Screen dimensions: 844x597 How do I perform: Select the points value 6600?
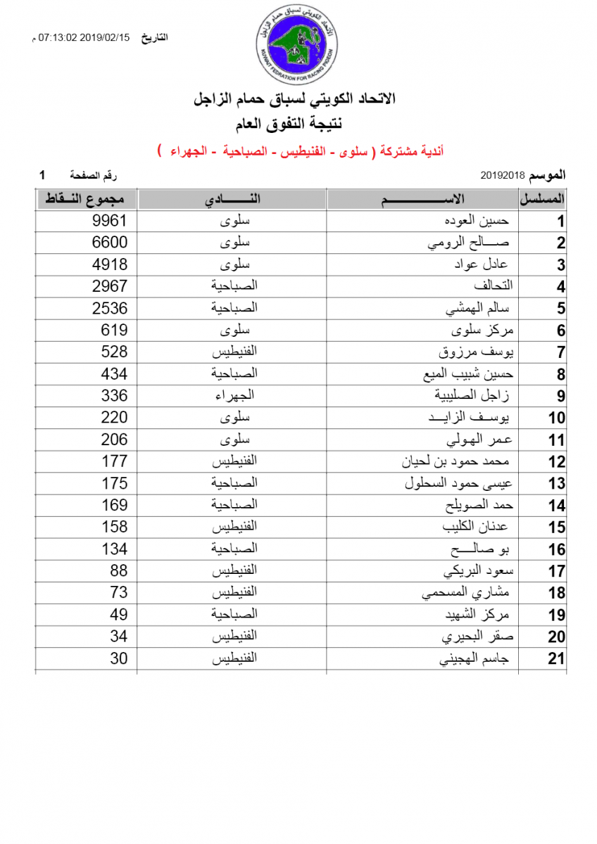[110, 243]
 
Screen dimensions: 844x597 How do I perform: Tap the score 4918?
[110, 264]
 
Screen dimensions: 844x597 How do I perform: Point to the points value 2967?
[110, 286]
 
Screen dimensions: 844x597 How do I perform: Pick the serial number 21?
[556, 659]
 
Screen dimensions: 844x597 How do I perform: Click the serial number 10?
[556, 418]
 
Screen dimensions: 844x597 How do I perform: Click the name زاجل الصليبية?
[479, 396]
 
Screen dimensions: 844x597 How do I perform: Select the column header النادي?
[232, 199]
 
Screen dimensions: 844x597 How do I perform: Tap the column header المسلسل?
[543, 199]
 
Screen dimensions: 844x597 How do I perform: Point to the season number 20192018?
[503, 174]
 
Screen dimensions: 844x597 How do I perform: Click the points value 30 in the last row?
[119, 658]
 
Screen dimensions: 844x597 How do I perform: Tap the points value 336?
[114, 395]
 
